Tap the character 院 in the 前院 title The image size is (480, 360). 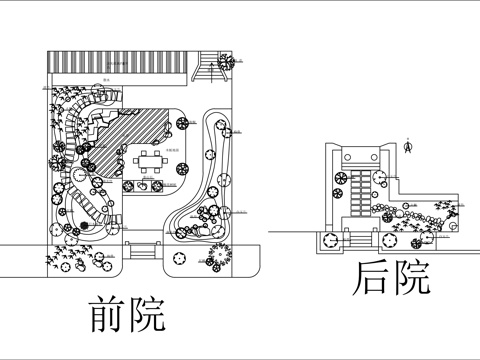click(146, 314)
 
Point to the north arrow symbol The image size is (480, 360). click(408, 146)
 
